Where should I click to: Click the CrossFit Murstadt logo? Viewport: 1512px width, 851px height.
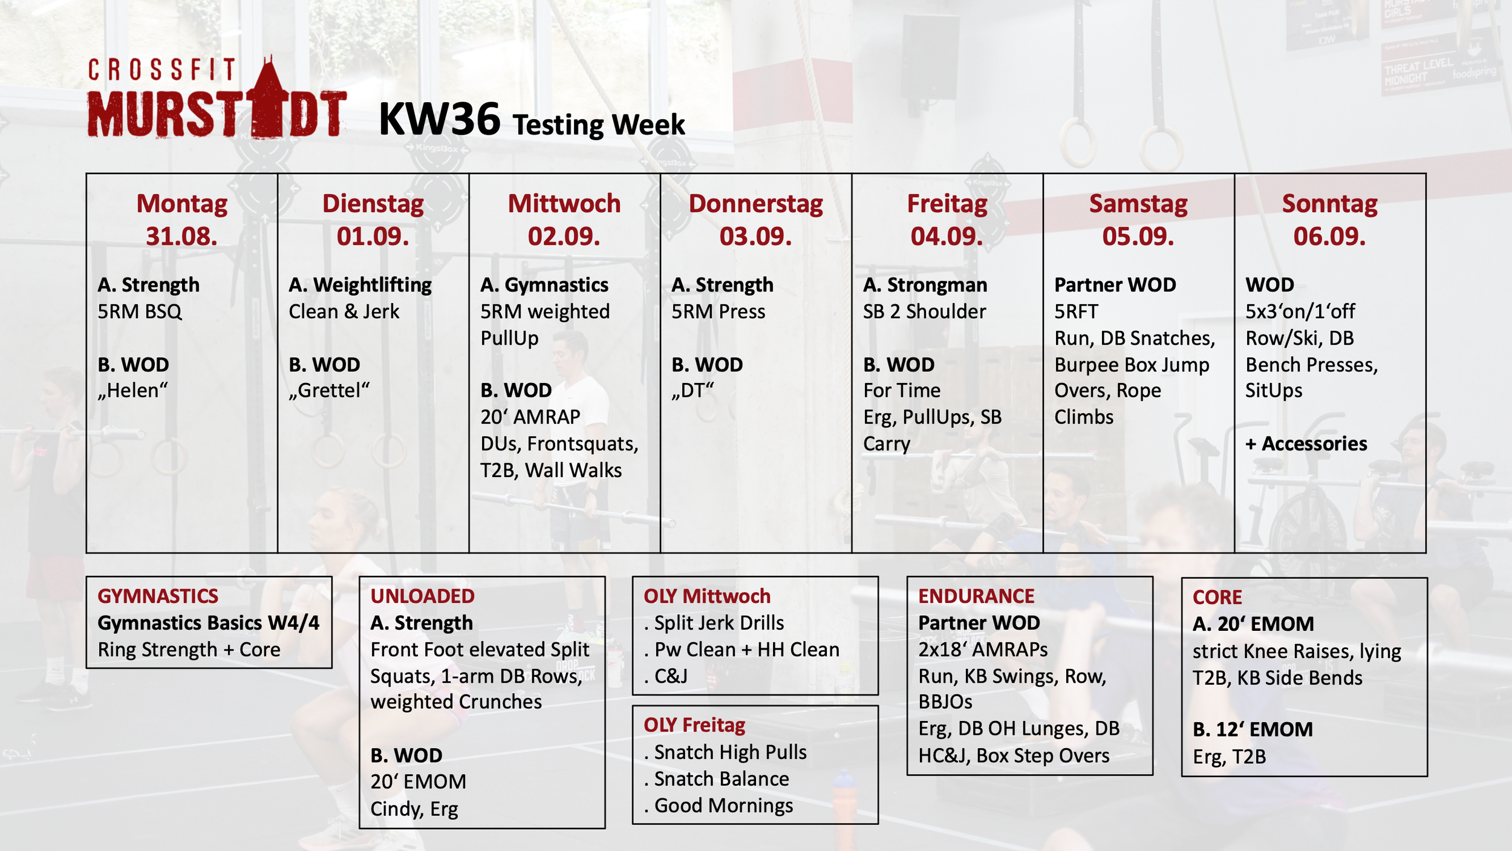217,97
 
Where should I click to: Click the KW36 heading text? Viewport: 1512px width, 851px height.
440,119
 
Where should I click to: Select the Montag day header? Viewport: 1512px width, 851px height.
181,204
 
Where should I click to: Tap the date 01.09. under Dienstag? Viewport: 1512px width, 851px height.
373,236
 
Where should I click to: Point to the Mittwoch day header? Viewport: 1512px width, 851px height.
564,204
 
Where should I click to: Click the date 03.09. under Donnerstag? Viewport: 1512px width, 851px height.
755,236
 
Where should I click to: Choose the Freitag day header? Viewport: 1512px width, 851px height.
947,204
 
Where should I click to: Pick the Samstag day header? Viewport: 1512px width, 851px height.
1138,204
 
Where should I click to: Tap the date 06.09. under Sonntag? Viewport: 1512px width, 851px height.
1329,236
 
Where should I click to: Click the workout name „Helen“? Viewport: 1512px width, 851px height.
132,391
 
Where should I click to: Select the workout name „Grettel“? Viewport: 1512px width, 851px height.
329,391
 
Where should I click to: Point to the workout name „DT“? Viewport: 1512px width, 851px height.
692,391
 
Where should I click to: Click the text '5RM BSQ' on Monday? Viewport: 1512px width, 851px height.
140,311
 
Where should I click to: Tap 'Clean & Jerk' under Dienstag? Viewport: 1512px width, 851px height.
344,311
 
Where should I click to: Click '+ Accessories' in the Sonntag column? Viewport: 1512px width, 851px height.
1306,444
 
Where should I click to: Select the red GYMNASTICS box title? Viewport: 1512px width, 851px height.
158,596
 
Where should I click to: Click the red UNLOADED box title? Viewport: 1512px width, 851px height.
422,596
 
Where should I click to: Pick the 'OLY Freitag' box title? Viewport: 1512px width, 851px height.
694,725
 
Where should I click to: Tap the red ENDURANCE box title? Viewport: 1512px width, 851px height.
976,596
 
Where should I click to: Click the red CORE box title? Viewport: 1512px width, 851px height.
1217,598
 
